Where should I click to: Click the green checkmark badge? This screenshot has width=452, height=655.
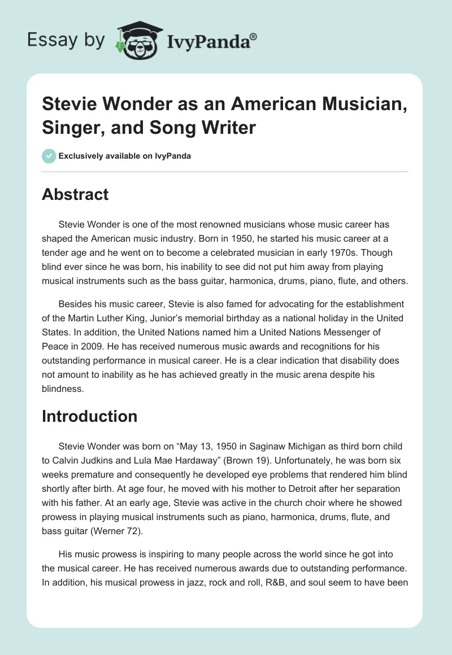pos(49,156)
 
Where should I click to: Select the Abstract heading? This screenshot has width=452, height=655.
pos(75,194)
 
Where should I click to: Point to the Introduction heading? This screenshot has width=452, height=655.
pos(90,416)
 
